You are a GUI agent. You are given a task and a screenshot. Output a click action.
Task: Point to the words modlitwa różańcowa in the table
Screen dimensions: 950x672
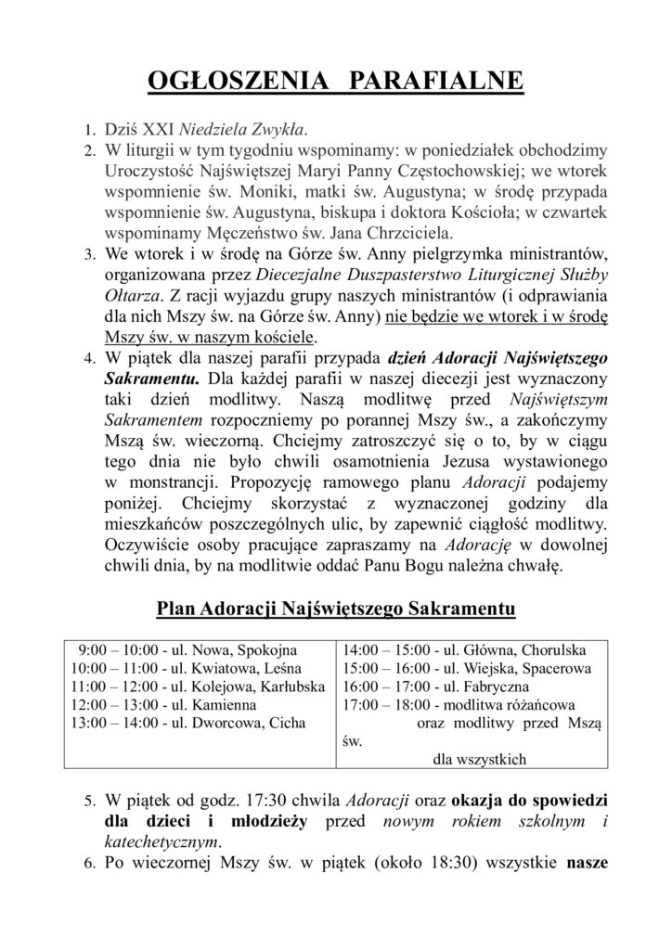pyautogui.click(x=529, y=705)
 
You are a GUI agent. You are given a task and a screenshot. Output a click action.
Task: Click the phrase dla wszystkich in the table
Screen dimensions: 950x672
pyautogui.click(x=479, y=759)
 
